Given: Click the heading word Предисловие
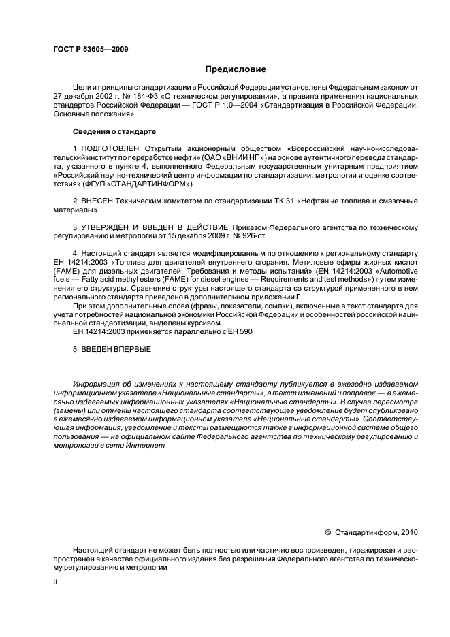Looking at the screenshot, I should [236, 69].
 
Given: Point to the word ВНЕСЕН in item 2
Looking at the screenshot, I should [100, 201].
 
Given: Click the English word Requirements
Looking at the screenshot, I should [273, 280].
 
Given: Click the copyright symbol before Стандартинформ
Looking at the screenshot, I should [327, 534].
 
